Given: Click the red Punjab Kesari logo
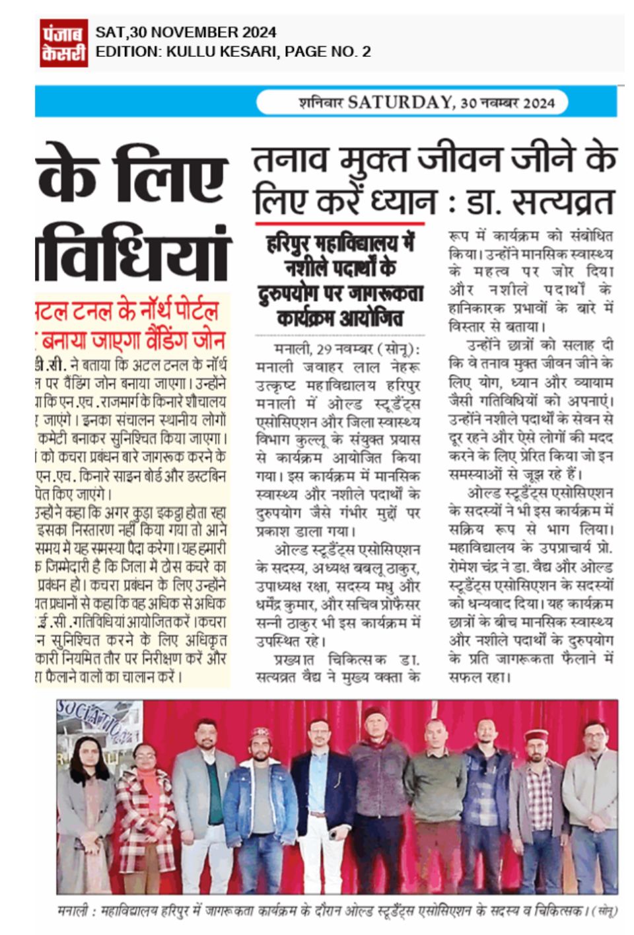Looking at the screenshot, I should click(64, 42).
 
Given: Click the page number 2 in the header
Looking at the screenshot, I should click(366, 52).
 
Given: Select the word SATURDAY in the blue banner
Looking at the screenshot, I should click(400, 102).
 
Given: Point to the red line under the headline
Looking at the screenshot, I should click(339, 223).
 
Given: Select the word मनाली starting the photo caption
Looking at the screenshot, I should click(73, 911).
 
